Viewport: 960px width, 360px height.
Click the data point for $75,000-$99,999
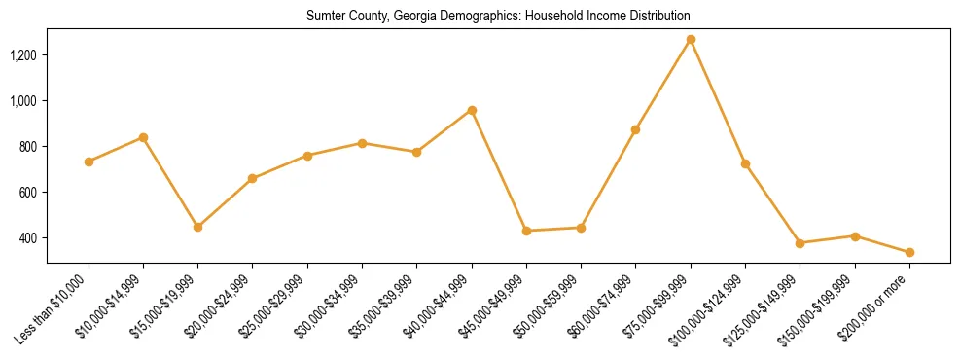point(691,40)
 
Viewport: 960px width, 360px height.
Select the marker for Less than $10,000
point(89,162)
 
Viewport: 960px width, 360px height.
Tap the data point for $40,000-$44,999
point(472,110)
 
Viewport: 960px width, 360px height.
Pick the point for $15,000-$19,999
point(198,227)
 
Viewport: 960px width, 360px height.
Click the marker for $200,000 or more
point(909,252)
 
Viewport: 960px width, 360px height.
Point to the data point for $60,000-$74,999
point(636,129)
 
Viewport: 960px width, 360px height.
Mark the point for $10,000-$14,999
point(143,137)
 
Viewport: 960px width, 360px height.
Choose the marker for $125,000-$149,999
point(800,243)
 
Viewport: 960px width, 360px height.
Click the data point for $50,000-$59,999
point(582,228)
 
